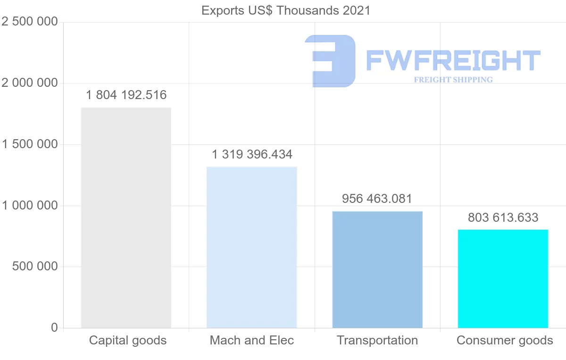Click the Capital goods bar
[126, 218]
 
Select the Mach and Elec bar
[252, 247]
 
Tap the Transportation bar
[377, 269]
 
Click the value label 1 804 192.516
[126, 95]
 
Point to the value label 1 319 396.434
[252, 154]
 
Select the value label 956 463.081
[377, 199]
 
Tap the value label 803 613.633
[503, 218]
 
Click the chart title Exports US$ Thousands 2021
[286, 10]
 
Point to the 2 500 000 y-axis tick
[30, 22]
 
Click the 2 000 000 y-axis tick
[30, 83]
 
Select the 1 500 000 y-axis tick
[30, 144]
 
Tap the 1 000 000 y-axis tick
[30, 206]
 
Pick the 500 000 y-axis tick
[34, 267]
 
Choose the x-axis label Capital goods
[128, 340]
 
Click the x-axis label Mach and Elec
[252, 340]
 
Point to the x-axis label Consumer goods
[505, 340]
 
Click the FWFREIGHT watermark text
[453, 60]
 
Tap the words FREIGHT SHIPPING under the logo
[453, 80]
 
